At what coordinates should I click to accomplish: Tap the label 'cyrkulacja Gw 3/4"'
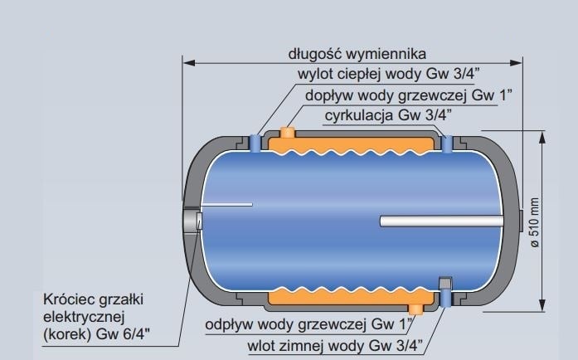coord(400,114)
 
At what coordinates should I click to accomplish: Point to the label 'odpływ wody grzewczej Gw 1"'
coord(309,324)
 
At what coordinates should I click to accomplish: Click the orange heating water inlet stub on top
coord(288,133)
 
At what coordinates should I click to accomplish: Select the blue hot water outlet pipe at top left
coord(255,144)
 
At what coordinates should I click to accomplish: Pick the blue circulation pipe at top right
coord(448,144)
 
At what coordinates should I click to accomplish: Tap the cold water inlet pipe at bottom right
coord(446,292)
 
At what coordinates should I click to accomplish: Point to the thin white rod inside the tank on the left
coord(225,204)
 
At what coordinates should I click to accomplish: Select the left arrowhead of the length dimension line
coord(187,62)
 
